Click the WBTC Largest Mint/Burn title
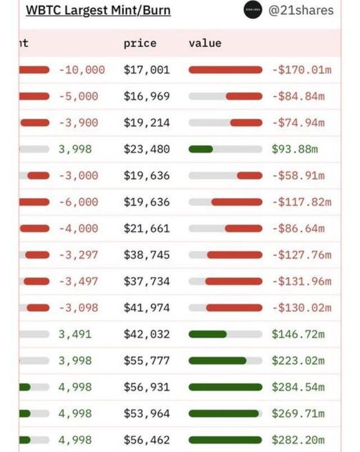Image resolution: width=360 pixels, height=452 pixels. [x=98, y=11]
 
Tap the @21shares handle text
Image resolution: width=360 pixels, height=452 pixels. [x=301, y=10]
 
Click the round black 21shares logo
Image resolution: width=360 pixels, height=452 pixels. [x=253, y=10]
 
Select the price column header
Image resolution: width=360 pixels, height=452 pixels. [x=140, y=43]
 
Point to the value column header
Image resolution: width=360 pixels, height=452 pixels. [x=205, y=43]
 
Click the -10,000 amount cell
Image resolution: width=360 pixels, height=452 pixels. [x=82, y=70]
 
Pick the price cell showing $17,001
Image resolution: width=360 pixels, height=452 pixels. [x=147, y=70]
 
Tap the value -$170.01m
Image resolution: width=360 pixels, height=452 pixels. [x=301, y=70]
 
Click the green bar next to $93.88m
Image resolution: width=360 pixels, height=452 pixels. [x=201, y=149]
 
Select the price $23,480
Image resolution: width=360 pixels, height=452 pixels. [x=147, y=149]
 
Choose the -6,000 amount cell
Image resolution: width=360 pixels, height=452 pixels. [x=78, y=202]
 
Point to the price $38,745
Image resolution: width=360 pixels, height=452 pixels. [x=147, y=255]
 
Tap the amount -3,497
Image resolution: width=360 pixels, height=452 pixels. [x=78, y=281]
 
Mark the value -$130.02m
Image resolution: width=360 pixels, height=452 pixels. [x=301, y=308]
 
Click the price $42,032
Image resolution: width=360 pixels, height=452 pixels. [x=147, y=334]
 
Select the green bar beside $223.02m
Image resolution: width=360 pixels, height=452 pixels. [x=218, y=361]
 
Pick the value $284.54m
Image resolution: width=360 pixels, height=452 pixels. [x=298, y=387]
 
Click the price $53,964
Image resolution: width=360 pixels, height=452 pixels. [x=147, y=414]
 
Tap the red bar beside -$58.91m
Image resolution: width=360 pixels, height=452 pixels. [x=250, y=176]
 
